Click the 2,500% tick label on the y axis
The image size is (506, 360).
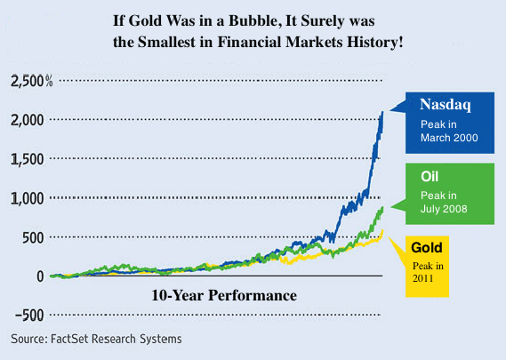32,82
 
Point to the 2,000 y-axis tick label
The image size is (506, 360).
28,121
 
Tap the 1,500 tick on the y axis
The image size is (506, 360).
28,159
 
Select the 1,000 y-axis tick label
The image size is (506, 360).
28,198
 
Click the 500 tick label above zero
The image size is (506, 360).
33,237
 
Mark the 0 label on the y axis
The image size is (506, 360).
40,276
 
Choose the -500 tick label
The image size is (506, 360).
28,315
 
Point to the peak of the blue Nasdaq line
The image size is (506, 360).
383,112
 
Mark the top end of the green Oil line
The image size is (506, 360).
383,207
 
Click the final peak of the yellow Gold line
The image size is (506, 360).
382,232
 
